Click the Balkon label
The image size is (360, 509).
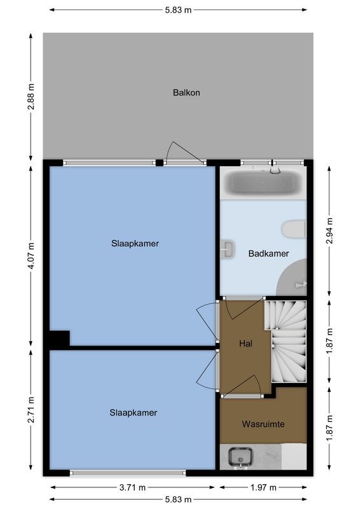click(186, 92)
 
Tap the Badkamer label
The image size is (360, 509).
click(268, 253)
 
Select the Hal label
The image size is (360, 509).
click(246, 344)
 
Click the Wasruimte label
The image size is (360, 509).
click(262, 423)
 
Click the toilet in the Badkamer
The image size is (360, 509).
click(294, 229)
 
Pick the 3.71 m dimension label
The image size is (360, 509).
click(132, 488)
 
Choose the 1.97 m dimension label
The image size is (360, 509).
click(262, 488)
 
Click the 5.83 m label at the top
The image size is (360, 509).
click(177, 10)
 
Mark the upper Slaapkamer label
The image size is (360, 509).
click(134, 243)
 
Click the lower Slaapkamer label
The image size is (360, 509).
click(132, 412)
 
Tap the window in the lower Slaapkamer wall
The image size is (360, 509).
click(127, 473)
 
